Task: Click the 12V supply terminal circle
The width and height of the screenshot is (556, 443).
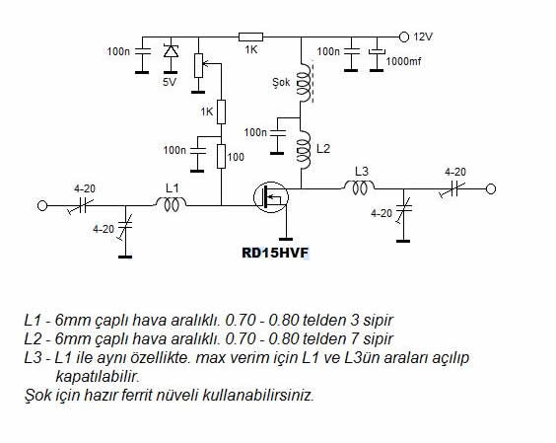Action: point(404,37)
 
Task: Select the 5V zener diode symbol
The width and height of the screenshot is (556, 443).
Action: point(171,50)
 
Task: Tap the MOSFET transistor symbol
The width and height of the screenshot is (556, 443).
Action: point(271,197)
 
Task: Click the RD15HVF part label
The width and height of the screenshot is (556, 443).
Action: point(275,254)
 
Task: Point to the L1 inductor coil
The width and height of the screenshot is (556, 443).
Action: point(171,205)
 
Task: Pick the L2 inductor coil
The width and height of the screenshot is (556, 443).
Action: point(304,149)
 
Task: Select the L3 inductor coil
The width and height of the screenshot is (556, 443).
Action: point(359,186)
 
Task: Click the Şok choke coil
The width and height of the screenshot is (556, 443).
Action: point(305,84)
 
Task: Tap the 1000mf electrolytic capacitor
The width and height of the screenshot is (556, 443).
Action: point(377,52)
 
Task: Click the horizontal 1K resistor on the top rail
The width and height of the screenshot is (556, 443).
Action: point(250,37)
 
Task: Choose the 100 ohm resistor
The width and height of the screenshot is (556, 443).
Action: point(221,156)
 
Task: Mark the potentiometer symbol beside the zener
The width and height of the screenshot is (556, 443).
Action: point(198,65)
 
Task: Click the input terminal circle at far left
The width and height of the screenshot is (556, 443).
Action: point(42,205)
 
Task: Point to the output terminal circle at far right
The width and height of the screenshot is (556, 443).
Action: point(491,189)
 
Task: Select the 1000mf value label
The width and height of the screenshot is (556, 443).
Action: point(403,61)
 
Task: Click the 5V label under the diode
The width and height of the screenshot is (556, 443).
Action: point(170,82)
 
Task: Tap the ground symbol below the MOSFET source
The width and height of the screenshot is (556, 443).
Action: point(286,239)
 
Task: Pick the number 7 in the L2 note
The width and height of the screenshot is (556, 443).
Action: point(354,338)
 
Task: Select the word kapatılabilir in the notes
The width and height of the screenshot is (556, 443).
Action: point(98,376)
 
